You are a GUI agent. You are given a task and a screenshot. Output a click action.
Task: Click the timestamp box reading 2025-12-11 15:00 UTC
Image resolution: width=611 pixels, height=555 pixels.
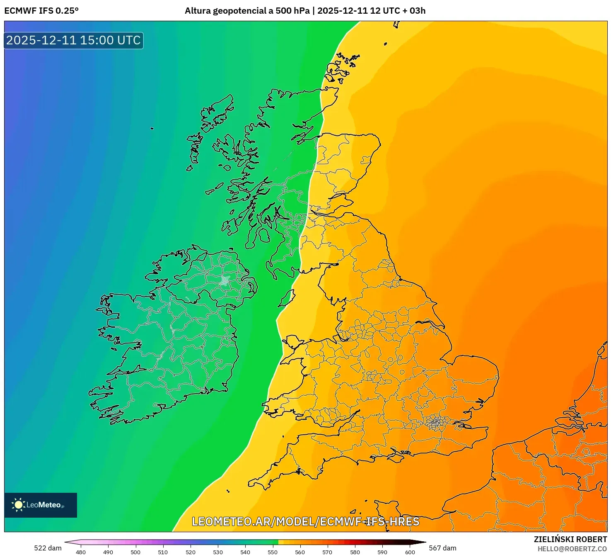pyautogui.click(x=73, y=41)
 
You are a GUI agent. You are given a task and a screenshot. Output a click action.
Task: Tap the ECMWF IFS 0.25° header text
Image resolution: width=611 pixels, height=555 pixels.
pyautogui.click(x=41, y=11)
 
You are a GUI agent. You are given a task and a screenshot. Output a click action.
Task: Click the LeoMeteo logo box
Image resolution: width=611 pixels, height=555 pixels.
pyautogui.click(x=41, y=505)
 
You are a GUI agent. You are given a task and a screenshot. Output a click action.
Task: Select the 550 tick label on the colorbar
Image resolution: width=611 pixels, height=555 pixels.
pyautogui.click(x=273, y=552)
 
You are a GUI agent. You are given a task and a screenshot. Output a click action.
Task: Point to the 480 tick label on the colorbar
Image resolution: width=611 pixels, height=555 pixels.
pyautogui.click(x=81, y=552)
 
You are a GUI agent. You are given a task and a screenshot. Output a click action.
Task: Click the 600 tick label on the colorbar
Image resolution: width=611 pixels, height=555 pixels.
pyautogui.click(x=410, y=552)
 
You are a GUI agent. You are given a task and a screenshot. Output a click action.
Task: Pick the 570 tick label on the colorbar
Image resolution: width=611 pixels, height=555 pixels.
pyautogui.click(x=327, y=552)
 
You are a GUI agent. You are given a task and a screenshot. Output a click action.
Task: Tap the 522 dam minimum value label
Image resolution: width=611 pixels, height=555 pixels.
pyautogui.click(x=48, y=548)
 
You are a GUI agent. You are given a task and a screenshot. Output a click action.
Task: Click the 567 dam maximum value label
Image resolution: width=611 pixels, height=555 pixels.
pyautogui.click(x=442, y=548)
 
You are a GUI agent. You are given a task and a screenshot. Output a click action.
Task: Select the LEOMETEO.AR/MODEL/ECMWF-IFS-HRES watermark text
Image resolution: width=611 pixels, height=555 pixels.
pyautogui.click(x=306, y=521)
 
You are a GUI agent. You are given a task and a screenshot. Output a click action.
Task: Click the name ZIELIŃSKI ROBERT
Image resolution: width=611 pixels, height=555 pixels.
pyautogui.click(x=570, y=539)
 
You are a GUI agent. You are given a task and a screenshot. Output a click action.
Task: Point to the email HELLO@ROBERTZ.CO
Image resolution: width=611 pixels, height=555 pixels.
pyautogui.click(x=572, y=549)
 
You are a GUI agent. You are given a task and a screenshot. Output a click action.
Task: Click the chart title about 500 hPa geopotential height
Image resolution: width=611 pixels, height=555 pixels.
pyautogui.click(x=305, y=11)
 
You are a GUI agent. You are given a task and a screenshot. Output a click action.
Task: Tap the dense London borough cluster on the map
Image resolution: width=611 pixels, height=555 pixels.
pyautogui.click(x=435, y=423)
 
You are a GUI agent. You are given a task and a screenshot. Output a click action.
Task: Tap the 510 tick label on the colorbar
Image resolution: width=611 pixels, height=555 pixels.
pyautogui.click(x=163, y=552)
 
